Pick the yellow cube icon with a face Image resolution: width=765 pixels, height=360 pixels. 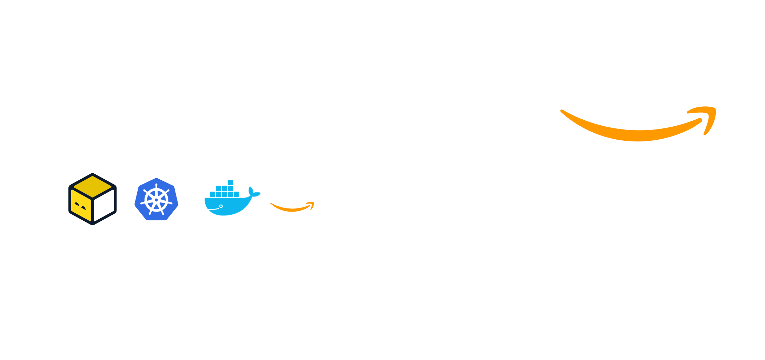(x=93, y=199)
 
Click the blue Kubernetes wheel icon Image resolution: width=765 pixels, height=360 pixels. (x=157, y=199)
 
